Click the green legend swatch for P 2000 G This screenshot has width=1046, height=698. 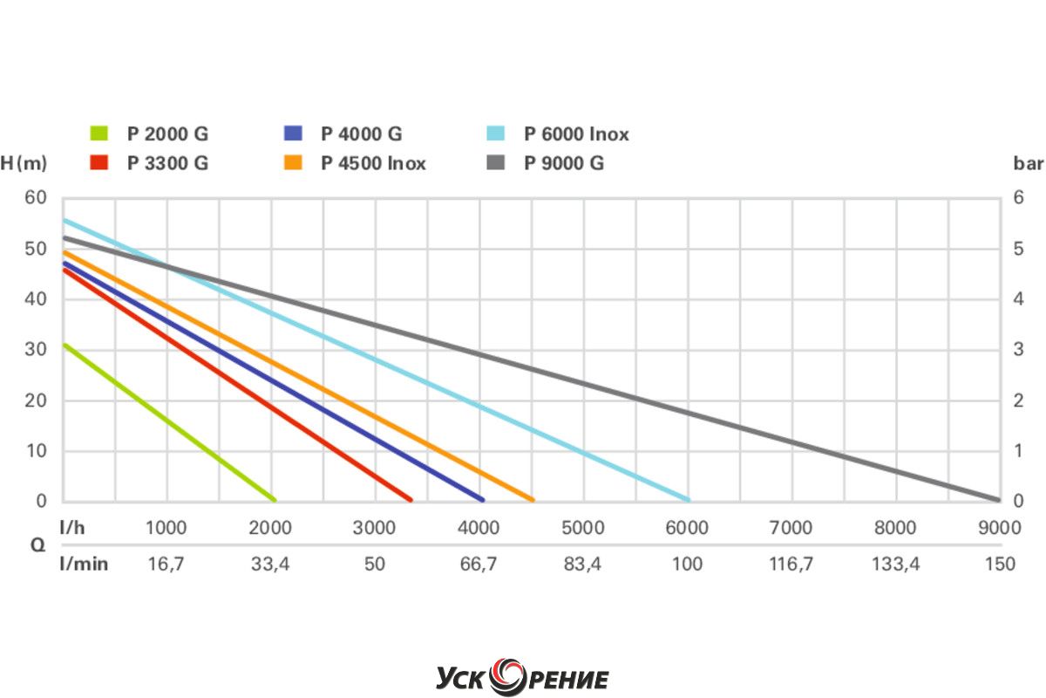point(98,134)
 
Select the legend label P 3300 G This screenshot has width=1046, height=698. point(167,163)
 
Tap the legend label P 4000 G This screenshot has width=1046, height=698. point(361,134)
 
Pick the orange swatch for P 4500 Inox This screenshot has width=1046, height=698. point(293,163)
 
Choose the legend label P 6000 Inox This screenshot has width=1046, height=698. point(576,134)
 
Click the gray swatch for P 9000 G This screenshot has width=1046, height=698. point(496,163)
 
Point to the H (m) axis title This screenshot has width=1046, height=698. point(24,163)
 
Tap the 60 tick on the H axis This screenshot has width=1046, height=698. point(35,197)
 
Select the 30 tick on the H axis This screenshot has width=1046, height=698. point(35,349)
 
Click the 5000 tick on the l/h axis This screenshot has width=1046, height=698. point(583,528)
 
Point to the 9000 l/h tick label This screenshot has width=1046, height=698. point(999,528)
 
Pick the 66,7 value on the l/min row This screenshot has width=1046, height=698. point(479,564)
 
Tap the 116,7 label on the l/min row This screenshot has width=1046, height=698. point(791,564)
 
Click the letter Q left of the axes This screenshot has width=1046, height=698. point(37,545)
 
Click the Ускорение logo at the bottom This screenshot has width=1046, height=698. point(522,677)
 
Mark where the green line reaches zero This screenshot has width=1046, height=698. point(275,500)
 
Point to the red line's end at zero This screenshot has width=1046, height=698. point(410,500)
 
